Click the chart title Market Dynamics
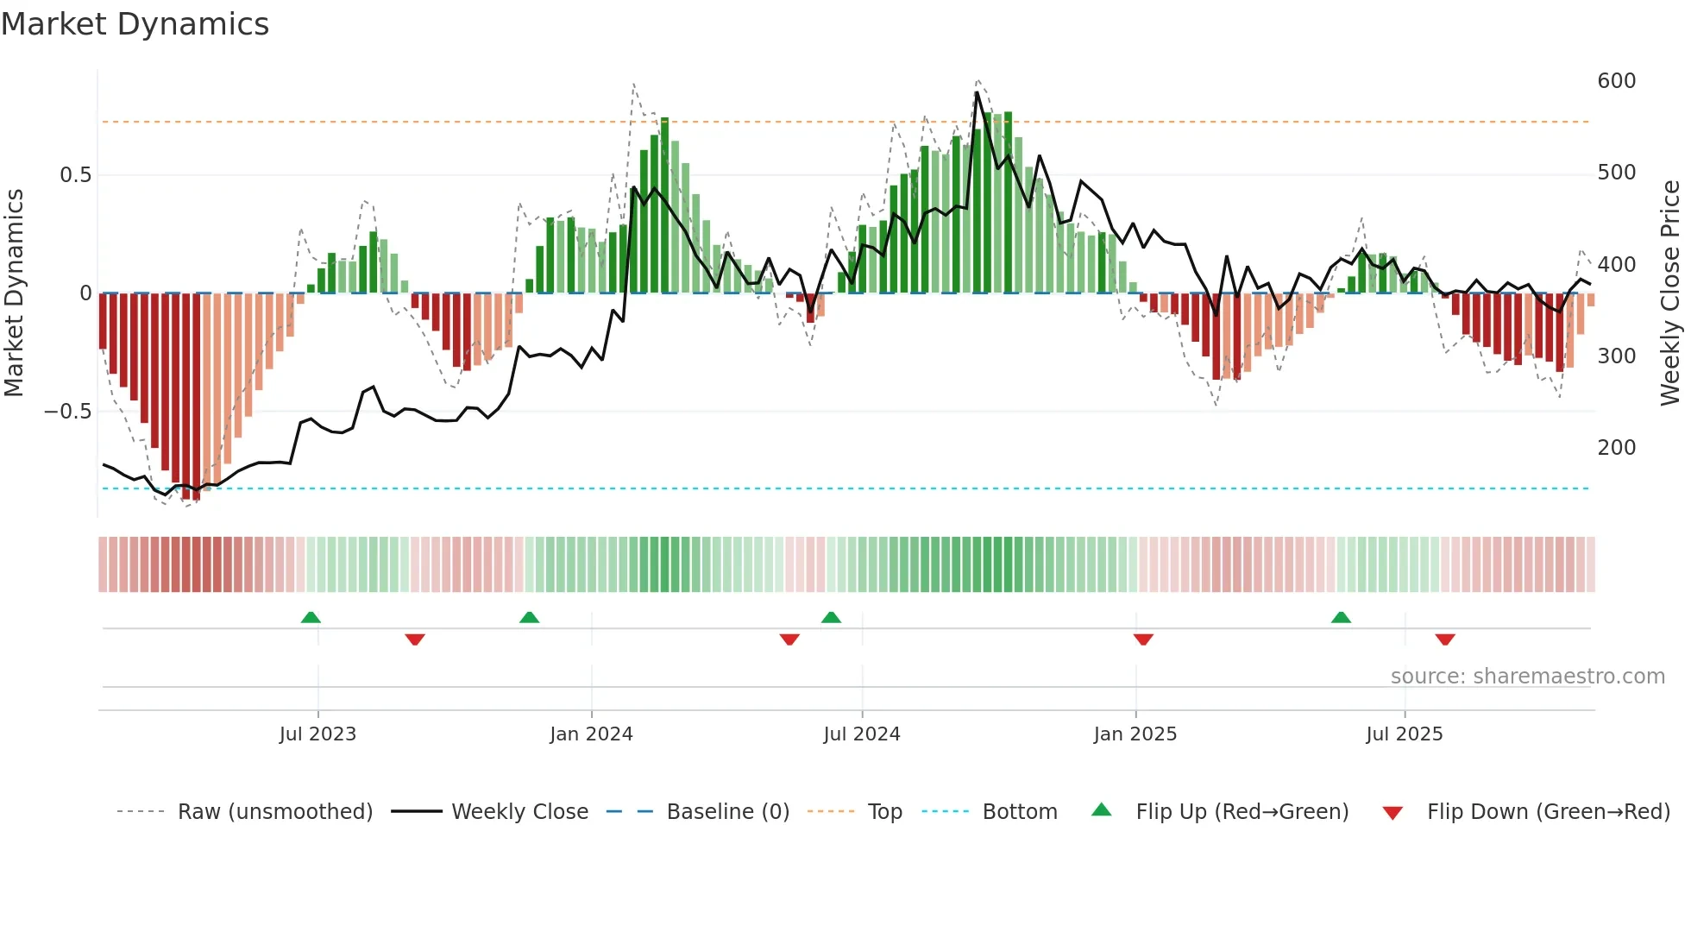click(x=135, y=24)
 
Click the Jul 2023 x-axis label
click(x=317, y=734)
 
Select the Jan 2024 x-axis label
click(x=591, y=734)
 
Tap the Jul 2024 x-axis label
click(x=862, y=734)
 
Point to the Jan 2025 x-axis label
click(x=1135, y=734)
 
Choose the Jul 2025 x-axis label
click(x=1405, y=734)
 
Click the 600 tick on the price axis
click(x=1617, y=81)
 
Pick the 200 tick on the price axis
click(x=1617, y=448)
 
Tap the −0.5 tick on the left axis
click(x=68, y=412)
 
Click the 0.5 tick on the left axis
click(x=75, y=175)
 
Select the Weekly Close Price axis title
click(x=1671, y=293)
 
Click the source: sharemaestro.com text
click(x=1527, y=677)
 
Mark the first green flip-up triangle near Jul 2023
click(x=311, y=617)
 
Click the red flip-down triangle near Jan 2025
click(x=1143, y=639)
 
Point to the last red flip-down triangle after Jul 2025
click(x=1445, y=639)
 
